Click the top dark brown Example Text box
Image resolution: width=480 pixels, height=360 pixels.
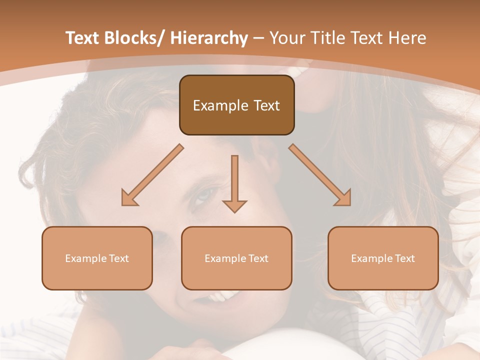[236, 105]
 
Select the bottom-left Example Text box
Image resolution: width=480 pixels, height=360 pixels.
[97, 258]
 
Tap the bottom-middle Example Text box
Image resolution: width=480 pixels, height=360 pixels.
[236, 258]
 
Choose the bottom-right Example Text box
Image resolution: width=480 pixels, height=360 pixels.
[383, 258]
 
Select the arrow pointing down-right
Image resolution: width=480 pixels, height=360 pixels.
[320, 175]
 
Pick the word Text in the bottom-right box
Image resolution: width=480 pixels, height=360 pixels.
[404, 258]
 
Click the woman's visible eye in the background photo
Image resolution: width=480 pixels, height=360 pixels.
[204, 196]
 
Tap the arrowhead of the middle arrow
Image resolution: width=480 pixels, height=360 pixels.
[234, 205]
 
